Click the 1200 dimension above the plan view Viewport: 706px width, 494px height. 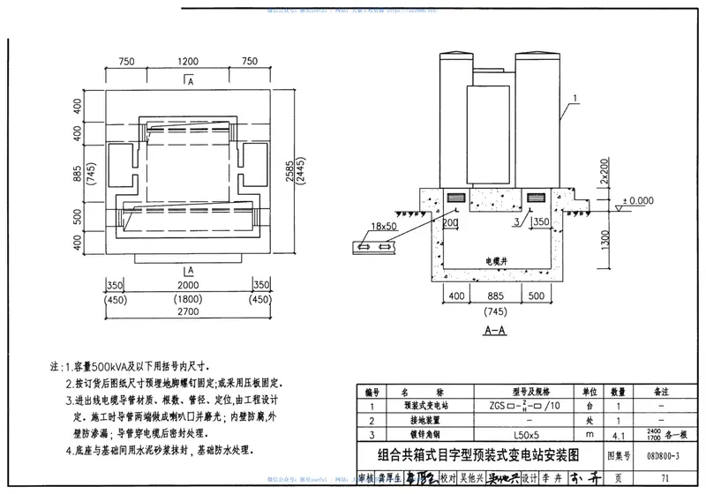click(x=187, y=63)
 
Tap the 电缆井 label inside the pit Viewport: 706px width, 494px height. click(x=500, y=262)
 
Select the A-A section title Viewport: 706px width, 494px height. click(x=494, y=332)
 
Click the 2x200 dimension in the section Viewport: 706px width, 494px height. click(x=605, y=169)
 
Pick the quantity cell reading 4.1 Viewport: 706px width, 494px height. click(x=619, y=435)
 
